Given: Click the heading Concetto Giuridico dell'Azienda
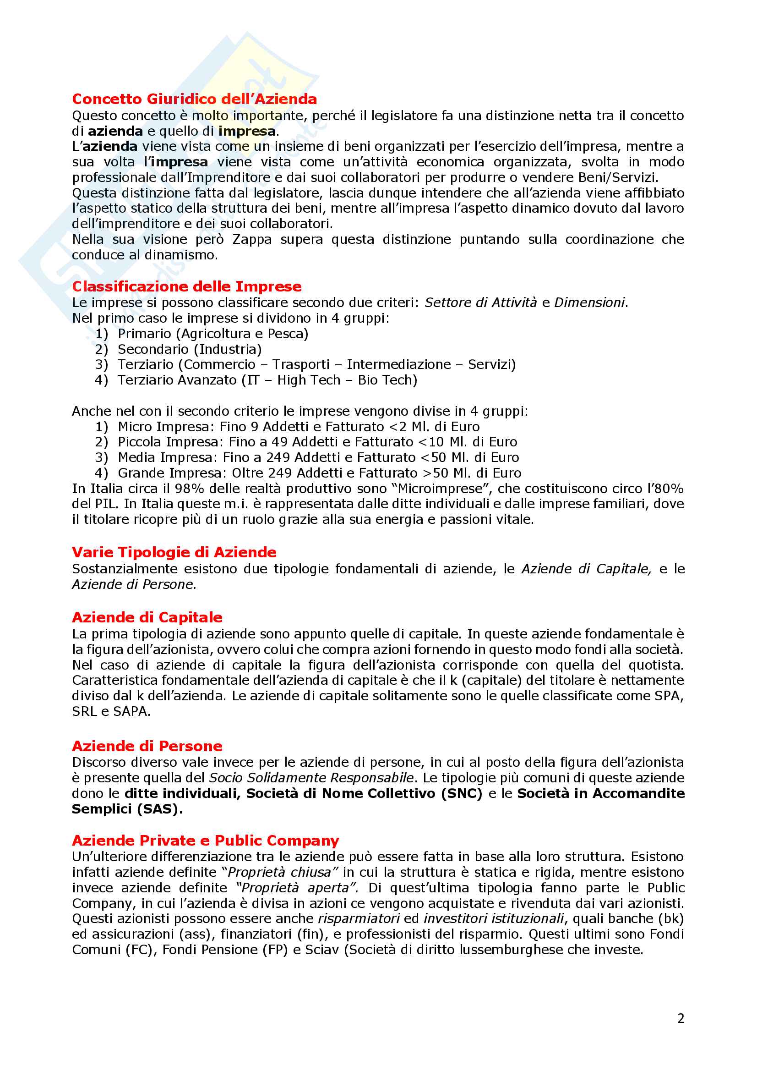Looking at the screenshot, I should (x=194, y=99).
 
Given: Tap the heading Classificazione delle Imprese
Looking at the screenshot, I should (x=186, y=286).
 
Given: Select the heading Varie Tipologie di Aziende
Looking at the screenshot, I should (x=174, y=552).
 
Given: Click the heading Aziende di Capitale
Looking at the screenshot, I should (x=147, y=617).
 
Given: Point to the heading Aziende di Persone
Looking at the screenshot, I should (x=147, y=746).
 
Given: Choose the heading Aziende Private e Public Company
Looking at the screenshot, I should (x=205, y=841).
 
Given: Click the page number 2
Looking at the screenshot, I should (x=681, y=1018).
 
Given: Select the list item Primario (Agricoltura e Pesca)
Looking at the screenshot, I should (x=212, y=334).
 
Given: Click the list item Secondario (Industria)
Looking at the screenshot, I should (x=190, y=349).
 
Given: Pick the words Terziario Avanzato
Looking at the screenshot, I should (x=177, y=380).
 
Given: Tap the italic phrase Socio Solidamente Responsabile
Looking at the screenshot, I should (x=311, y=778).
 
